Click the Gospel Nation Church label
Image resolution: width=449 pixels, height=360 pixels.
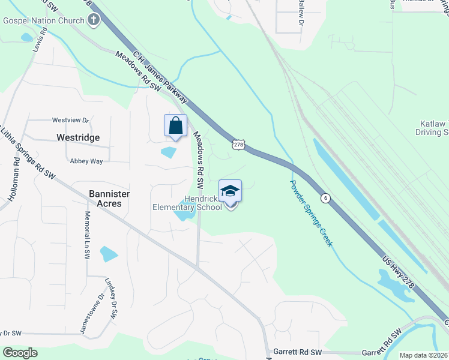pos(44,20)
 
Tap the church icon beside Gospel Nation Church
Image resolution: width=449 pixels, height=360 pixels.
pos(93,20)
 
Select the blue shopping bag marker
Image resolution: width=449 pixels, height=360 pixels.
pos(175,127)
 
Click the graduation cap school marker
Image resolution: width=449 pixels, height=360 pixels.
pos(230,191)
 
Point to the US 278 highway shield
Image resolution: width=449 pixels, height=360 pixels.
pos(239,145)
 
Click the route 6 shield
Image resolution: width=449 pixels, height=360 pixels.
pos(325,197)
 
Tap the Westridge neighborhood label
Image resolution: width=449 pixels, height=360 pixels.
pos(78,137)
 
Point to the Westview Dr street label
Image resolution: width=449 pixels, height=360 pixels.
pos(70,120)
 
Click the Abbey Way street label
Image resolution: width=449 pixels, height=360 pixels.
pos(86,161)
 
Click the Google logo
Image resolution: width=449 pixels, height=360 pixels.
pos(19,353)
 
